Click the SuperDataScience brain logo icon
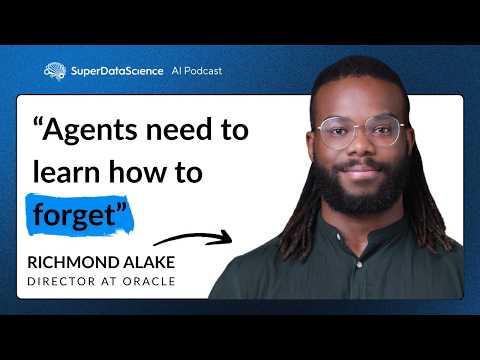tap(55, 71)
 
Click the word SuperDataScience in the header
tap(117, 71)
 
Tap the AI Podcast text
tap(197, 71)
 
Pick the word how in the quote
tap(155, 171)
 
